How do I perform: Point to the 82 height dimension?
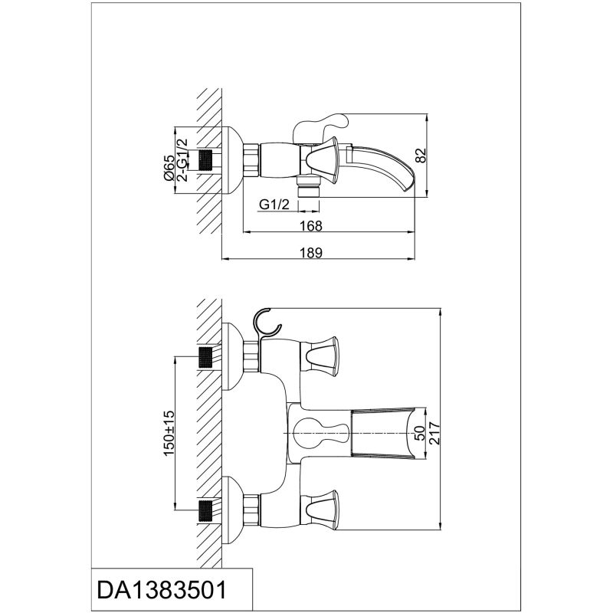pos(420,156)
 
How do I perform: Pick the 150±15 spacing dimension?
pos(170,434)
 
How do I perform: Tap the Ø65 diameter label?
pos(170,166)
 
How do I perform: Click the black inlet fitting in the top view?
pos(205,162)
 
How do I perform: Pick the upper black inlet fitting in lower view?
pos(205,356)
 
